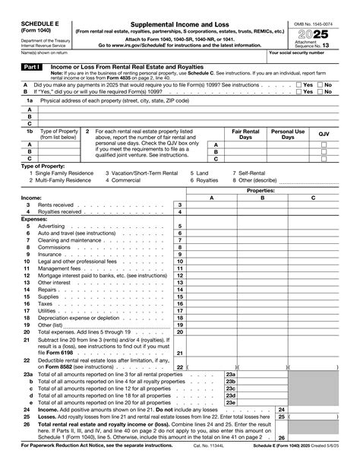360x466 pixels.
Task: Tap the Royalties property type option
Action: [x=208, y=180]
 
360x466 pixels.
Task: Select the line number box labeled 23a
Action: [x=231, y=374]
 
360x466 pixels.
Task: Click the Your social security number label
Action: [x=298, y=52]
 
